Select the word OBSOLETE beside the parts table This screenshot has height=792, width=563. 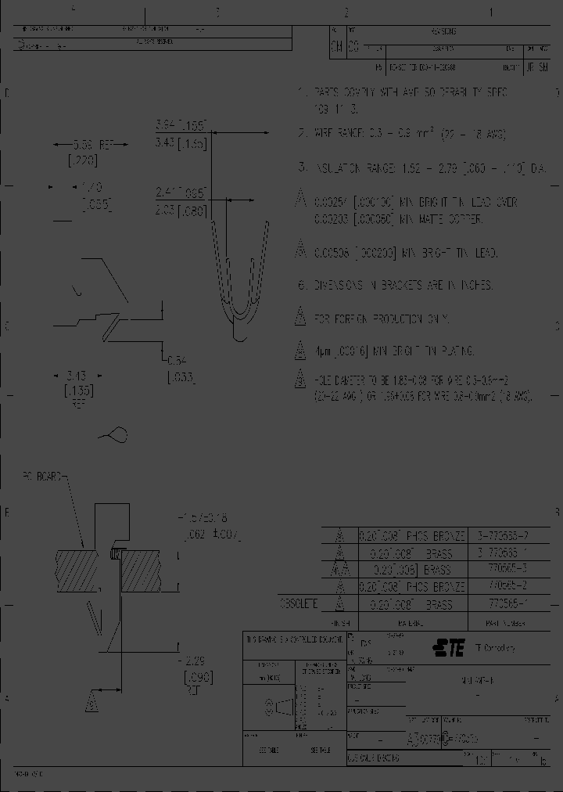coord(299,603)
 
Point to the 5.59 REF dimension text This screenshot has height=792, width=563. coord(83,145)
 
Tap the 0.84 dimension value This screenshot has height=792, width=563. coord(177,361)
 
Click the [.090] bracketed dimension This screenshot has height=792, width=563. coord(195,678)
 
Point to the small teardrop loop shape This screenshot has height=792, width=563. coord(113,434)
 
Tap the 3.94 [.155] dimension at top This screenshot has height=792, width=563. coord(180,124)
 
